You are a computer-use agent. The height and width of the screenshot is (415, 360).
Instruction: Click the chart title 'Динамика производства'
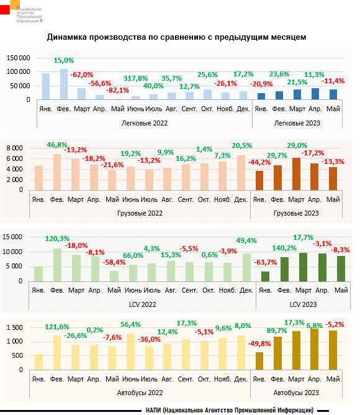(x=176, y=38)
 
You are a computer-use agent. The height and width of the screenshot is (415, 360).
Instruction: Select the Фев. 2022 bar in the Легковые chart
(x=64, y=84)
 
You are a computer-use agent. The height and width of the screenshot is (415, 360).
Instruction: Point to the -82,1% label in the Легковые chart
(x=117, y=91)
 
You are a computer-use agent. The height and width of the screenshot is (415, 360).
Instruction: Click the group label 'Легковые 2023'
(x=297, y=123)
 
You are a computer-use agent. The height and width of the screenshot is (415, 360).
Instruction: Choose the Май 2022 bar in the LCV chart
(x=114, y=275)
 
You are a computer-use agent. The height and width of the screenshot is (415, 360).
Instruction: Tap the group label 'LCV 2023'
(x=297, y=304)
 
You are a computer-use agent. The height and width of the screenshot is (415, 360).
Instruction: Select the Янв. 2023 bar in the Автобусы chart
(x=259, y=361)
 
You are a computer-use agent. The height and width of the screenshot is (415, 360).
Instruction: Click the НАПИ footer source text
(x=230, y=409)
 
